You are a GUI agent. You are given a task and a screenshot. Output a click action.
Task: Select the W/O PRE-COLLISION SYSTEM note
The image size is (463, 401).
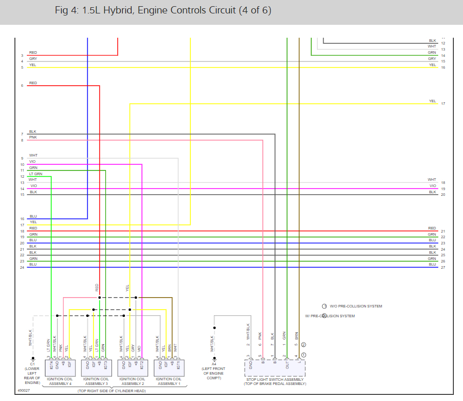point(356,306)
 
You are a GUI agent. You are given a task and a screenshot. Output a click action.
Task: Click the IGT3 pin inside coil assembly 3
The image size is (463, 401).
point(105,366)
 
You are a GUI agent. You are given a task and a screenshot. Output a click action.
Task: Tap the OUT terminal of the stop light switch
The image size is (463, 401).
point(286,365)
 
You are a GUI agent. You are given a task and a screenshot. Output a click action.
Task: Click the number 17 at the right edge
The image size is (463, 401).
point(443,104)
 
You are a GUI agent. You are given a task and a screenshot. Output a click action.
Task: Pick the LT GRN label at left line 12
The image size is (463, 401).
point(36,174)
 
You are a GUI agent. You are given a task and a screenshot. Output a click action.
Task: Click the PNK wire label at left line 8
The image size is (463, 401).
point(33,137)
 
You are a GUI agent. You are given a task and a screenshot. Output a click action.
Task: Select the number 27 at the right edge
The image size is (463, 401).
point(443,268)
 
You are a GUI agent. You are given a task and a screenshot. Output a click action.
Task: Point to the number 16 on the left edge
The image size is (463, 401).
point(22,219)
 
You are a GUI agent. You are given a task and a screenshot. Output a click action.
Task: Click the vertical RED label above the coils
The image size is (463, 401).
point(97,287)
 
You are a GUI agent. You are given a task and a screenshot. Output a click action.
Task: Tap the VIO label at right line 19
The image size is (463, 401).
point(433,186)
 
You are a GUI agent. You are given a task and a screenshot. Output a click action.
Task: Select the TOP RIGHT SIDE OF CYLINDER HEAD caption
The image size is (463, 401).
point(111,392)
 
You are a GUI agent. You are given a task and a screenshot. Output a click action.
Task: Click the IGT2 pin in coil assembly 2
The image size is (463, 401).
point(141,366)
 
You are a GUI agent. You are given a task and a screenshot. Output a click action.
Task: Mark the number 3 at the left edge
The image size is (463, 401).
point(22,55)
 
